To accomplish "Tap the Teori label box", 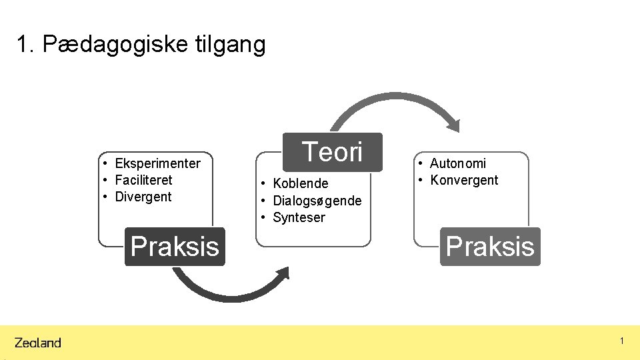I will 333,152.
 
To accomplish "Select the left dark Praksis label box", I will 175,247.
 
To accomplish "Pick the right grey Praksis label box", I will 490,247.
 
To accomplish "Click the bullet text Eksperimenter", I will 157,163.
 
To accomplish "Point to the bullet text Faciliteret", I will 143,180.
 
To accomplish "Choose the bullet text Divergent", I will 143,197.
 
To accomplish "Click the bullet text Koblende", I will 301,183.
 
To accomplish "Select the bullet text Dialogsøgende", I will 317,201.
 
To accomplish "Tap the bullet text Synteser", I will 299,217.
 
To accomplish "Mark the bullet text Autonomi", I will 458,163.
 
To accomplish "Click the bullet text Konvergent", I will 464,180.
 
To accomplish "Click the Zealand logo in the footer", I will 38,343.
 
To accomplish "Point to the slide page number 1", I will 621,341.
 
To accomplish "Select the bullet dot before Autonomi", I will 421,163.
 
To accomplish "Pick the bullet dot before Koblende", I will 265,183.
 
